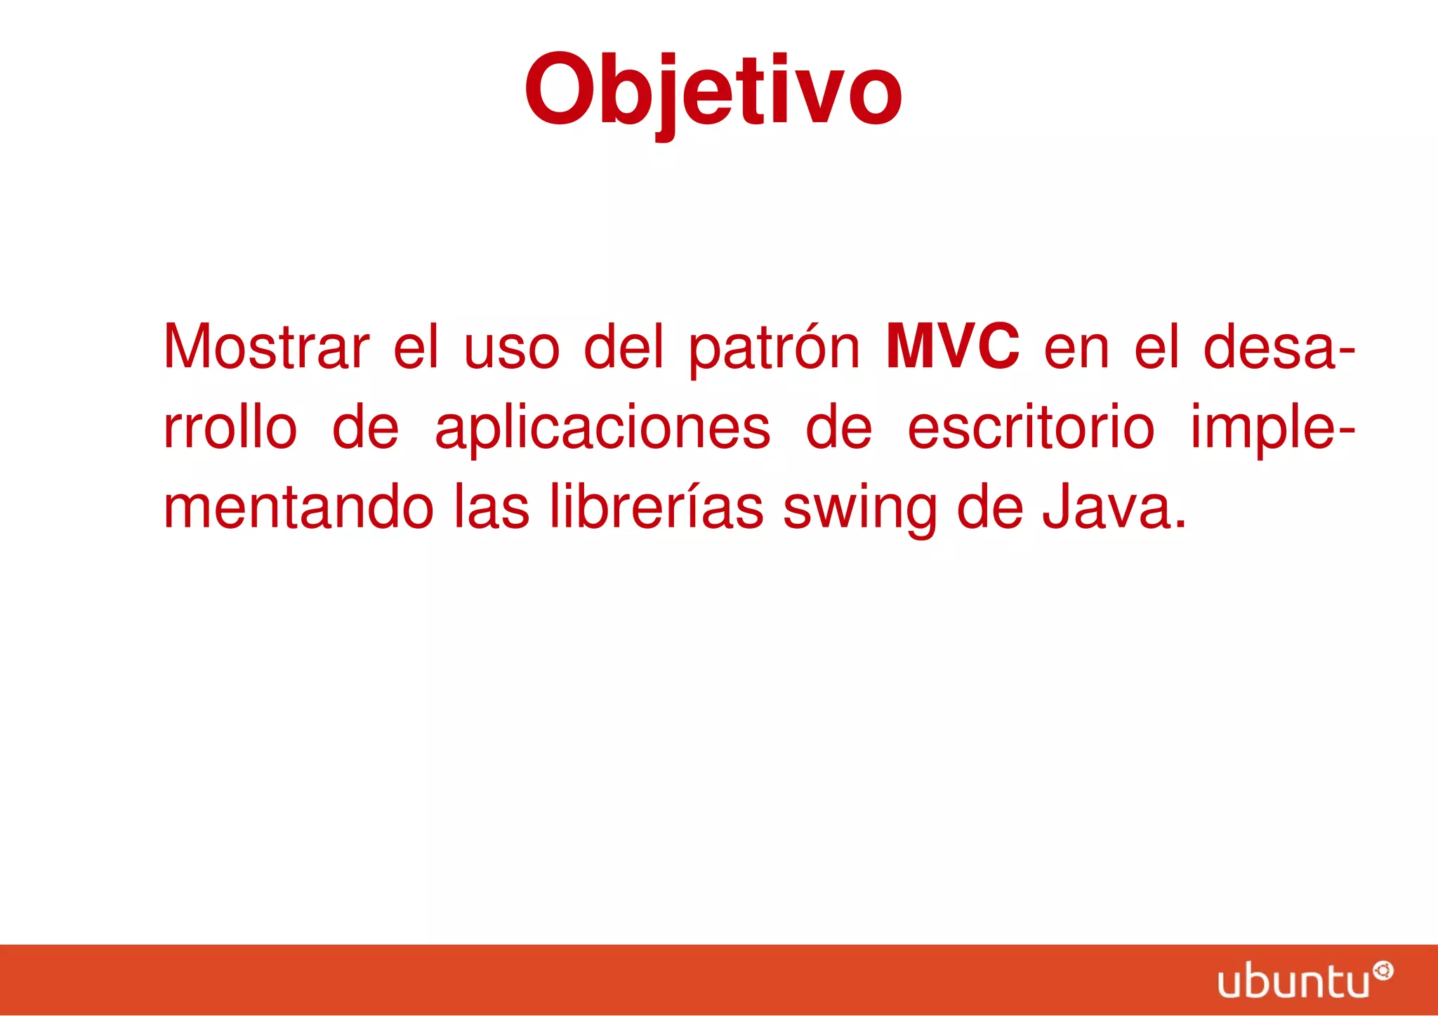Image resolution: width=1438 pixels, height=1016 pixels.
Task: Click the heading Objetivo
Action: pyautogui.click(x=713, y=91)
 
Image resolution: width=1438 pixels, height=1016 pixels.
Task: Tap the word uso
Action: pyautogui.click(x=512, y=348)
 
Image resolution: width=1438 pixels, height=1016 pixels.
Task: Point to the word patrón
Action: pyautogui.click(x=773, y=348)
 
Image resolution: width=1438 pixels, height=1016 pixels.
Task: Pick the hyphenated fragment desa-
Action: pyautogui.click(x=1279, y=348)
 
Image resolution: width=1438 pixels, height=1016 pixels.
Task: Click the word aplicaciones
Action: pyautogui.click(x=602, y=428)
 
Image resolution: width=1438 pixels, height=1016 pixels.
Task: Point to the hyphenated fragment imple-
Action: pyautogui.click(x=1272, y=428)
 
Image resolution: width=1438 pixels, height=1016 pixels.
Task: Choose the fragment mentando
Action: pyautogui.click(x=298, y=507)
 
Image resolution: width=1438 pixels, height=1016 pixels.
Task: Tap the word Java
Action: pyautogui.click(x=1114, y=507)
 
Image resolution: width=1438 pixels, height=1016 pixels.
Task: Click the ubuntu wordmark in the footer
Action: pyautogui.click(x=1293, y=981)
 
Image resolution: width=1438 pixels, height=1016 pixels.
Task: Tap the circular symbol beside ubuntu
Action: pyautogui.click(x=1383, y=972)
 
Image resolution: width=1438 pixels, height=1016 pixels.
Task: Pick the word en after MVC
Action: pyautogui.click(x=1076, y=348)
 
